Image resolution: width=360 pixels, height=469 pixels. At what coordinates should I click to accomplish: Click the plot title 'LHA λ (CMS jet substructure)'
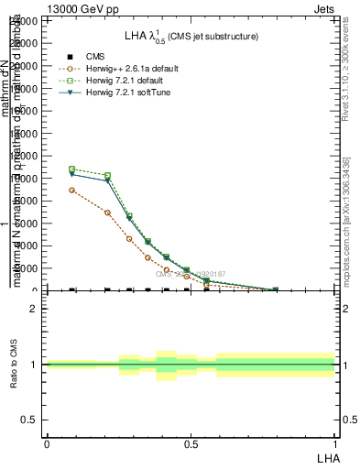(191, 36)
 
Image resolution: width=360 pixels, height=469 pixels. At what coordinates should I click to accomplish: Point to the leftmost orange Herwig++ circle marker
(72, 190)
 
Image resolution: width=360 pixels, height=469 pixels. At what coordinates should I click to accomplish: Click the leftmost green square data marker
(72, 169)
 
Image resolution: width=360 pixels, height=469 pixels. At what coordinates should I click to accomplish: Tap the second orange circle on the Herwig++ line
(108, 213)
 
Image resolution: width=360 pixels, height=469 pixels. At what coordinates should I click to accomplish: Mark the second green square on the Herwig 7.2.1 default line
(108, 175)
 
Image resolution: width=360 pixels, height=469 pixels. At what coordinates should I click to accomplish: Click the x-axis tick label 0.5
(191, 442)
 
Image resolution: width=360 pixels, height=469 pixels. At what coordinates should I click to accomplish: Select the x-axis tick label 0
(47, 442)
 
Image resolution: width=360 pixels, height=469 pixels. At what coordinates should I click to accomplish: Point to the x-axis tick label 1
(335, 442)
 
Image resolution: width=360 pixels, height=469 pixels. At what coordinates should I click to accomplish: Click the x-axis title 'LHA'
(327, 457)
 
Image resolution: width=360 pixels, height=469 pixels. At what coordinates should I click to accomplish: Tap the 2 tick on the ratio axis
(34, 309)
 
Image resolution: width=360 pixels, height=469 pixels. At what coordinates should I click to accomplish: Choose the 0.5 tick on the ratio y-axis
(30, 420)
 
